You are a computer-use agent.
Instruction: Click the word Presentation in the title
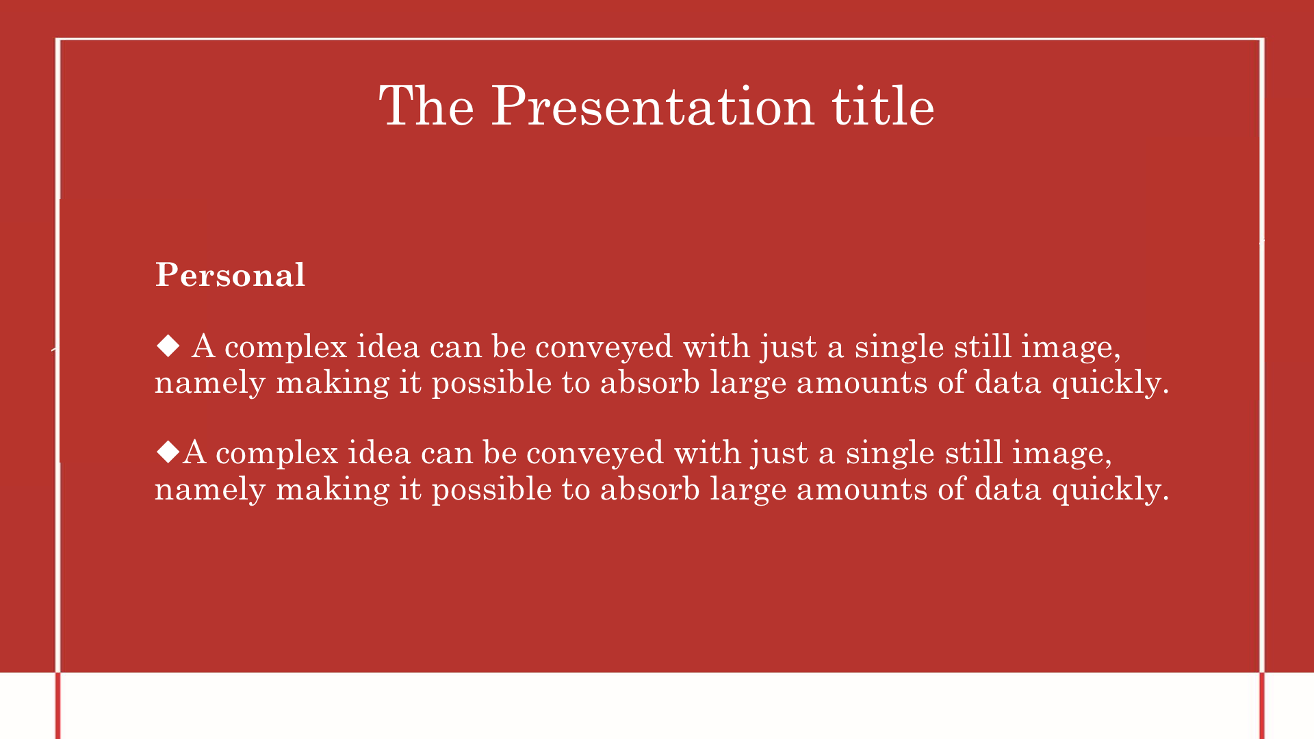pyautogui.click(x=653, y=106)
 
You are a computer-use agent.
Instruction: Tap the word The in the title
pyautogui.click(x=426, y=106)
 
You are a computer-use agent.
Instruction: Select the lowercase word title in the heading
pyautogui.click(x=883, y=106)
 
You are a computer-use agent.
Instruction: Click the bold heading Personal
pyautogui.click(x=230, y=275)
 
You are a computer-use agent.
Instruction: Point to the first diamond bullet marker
pyautogui.click(x=168, y=346)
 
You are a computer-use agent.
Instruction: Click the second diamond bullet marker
pyautogui.click(x=168, y=452)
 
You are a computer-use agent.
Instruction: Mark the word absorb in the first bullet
pyautogui.click(x=649, y=382)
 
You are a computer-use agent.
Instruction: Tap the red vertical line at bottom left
pyautogui.click(x=58, y=705)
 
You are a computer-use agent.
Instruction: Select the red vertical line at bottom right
pyautogui.click(x=1262, y=705)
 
